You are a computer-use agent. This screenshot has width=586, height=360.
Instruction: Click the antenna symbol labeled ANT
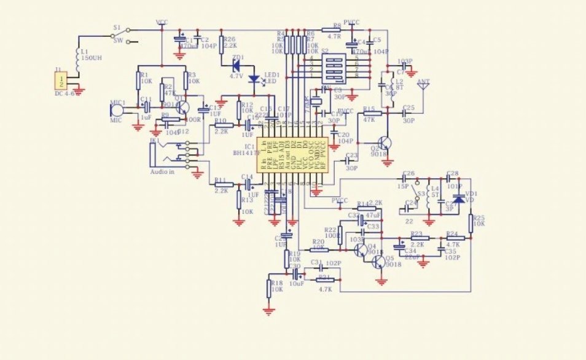click(x=423, y=88)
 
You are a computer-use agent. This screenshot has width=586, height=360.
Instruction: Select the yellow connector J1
click(x=60, y=80)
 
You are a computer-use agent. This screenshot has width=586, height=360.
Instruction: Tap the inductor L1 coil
click(x=78, y=57)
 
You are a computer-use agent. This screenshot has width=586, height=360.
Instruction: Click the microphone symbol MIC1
click(x=114, y=110)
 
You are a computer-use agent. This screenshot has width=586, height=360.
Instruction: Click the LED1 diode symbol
click(x=254, y=79)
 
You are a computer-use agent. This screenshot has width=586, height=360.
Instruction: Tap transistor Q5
click(x=379, y=261)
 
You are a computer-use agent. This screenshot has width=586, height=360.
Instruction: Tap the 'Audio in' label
click(x=163, y=172)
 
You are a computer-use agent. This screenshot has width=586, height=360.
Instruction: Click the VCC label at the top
click(x=162, y=22)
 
